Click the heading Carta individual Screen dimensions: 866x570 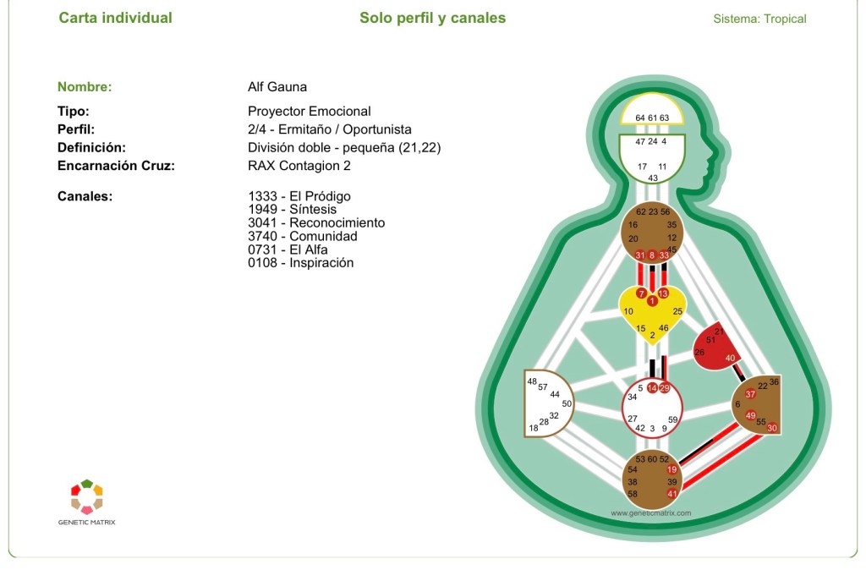[x=115, y=18]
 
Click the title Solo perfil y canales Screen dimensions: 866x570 [x=432, y=18]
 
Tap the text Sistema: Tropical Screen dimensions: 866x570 [x=759, y=19]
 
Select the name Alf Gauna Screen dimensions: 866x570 [x=277, y=87]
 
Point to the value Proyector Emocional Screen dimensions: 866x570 [x=310, y=111]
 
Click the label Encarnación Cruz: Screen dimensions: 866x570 [x=116, y=166]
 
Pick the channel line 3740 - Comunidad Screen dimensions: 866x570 [x=303, y=237]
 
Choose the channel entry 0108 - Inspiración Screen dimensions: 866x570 [x=301, y=263]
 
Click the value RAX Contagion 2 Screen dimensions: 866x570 [x=299, y=166]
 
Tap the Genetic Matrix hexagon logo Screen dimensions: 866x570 [x=87, y=496]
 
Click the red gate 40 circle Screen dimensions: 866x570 [x=730, y=358]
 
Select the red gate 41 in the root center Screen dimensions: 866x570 [x=672, y=494]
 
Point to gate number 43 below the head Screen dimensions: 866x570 [x=653, y=178]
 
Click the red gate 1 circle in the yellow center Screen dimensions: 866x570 [x=652, y=301]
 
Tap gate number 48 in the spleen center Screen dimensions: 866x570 [x=532, y=381]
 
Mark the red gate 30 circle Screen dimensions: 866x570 [x=772, y=428]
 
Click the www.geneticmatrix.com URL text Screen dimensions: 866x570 [x=650, y=512]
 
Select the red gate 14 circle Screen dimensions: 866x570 [x=652, y=388]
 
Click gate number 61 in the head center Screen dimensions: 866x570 [x=652, y=118]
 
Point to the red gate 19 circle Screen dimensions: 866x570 [x=672, y=469]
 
